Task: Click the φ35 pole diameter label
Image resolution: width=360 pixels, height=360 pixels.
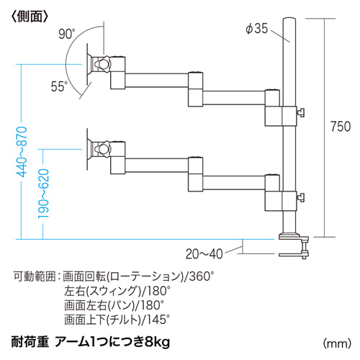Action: [x=256, y=29]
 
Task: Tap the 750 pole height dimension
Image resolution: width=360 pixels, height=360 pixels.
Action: [x=341, y=127]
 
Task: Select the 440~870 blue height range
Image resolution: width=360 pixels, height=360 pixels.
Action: [x=22, y=152]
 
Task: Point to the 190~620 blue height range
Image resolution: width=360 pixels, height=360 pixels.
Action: [x=44, y=194]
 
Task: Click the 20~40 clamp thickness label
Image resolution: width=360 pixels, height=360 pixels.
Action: [x=204, y=253]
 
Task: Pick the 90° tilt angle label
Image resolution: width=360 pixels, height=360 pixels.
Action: [x=67, y=34]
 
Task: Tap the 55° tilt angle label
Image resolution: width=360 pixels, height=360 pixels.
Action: [x=59, y=86]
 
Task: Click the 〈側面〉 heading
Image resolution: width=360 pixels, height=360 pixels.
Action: [x=30, y=17]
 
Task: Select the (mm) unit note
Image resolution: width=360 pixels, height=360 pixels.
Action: [x=337, y=343]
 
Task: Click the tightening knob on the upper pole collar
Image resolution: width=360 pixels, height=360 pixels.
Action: [x=300, y=112]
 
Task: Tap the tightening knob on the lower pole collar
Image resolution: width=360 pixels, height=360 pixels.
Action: [x=300, y=197]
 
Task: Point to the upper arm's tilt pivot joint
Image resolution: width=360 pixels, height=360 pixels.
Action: [x=103, y=64]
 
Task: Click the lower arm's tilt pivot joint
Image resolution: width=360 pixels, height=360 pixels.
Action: [x=103, y=149]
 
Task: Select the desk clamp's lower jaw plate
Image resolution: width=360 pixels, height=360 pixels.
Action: [x=292, y=255]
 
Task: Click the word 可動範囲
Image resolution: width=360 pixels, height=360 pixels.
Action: [x=35, y=276]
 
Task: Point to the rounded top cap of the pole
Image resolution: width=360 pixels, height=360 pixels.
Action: [x=289, y=19]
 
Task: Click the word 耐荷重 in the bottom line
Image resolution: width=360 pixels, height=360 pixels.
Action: [x=30, y=342]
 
